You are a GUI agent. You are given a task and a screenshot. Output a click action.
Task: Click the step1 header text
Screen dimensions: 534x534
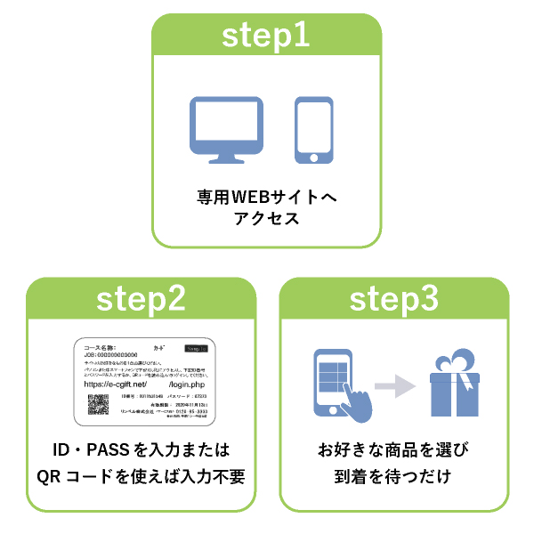click(x=266, y=36)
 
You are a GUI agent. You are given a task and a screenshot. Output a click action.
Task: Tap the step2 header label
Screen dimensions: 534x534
click(x=142, y=299)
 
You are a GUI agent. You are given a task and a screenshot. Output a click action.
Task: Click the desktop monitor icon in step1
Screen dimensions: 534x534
click(x=226, y=130)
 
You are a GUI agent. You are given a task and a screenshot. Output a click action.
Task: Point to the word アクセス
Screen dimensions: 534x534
click(x=266, y=219)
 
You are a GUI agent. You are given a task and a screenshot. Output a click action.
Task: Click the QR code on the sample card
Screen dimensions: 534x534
click(x=98, y=403)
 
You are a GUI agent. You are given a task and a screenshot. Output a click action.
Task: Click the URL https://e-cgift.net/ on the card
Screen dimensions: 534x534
click(x=116, y=384)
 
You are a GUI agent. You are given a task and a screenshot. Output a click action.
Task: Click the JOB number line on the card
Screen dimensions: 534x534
click(x=111, y=355)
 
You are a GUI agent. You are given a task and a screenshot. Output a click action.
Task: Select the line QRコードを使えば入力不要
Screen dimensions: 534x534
click(x=142, y=477)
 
